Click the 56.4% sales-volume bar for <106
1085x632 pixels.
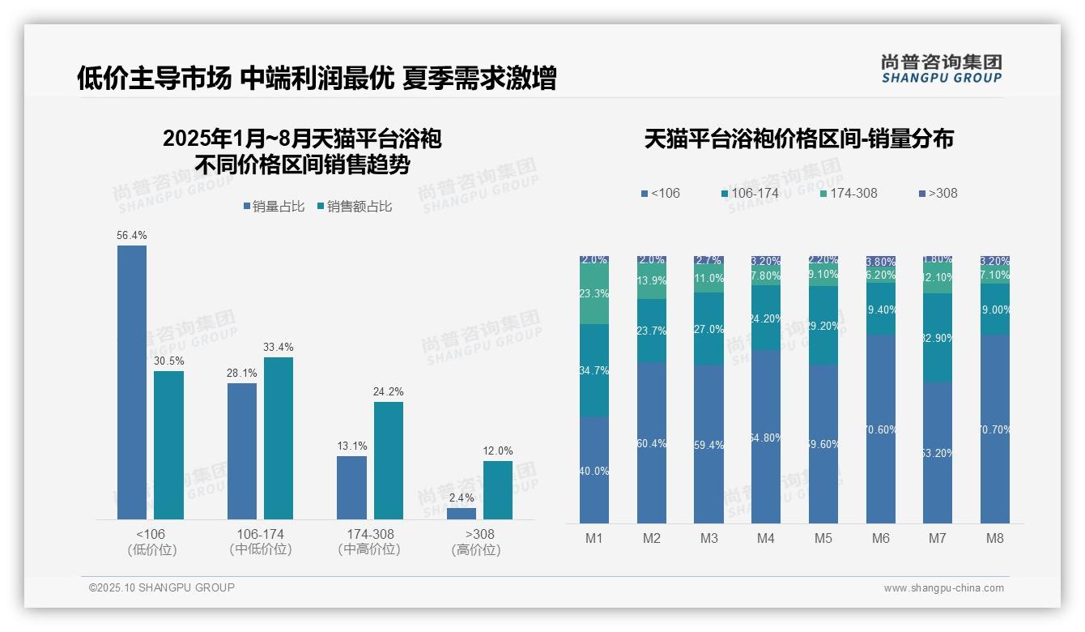132,381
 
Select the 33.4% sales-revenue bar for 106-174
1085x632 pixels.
279,438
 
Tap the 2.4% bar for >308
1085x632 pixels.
462,514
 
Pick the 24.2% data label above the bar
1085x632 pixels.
389,392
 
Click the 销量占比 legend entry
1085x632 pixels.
273,207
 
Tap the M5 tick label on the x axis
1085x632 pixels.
823,538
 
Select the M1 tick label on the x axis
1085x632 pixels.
594,538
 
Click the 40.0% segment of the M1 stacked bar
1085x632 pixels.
594,470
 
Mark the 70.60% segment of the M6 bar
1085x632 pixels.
881,429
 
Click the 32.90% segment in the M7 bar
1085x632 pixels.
938,338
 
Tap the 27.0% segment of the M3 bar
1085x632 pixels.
708,329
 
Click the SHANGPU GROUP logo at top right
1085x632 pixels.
941,68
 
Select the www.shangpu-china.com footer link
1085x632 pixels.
943,588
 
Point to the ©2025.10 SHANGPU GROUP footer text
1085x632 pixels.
162,587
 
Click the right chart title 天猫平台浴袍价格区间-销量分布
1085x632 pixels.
798,139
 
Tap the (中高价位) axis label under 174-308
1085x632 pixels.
370,549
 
